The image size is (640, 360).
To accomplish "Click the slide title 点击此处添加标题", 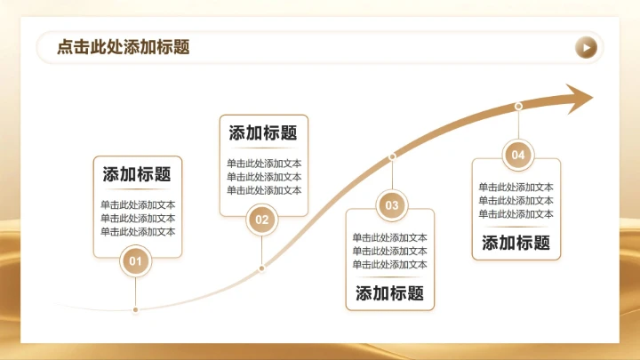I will (123, 47).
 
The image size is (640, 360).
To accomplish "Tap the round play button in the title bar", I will (586, 47).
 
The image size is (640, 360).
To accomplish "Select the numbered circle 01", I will (135, 261).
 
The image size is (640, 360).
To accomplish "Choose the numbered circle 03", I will (392, 205).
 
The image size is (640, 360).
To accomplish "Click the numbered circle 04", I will (518, 156).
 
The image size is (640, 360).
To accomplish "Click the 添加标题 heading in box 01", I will (137, 175).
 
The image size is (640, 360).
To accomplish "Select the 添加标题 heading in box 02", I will (263, 133).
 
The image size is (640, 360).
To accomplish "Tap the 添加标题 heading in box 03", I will (389, 293).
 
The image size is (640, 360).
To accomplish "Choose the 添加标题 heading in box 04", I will (516, 243).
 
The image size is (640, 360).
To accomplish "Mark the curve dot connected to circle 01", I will (135, 310).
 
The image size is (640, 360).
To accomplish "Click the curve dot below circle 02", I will (261, 268).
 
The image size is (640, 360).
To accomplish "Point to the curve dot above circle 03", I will (392, 156).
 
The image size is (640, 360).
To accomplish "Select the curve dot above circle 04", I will (518, 107).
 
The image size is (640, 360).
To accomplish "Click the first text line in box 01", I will (138, 204).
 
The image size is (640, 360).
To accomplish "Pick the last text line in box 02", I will (264, 190).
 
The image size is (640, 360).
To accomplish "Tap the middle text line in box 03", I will (389, 251).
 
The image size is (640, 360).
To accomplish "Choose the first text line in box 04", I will (516, 187).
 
